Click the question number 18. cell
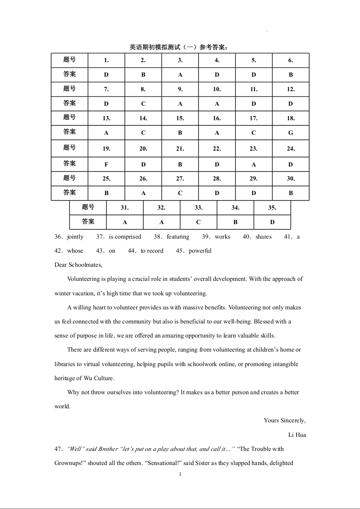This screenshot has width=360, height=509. [x=291, y=118]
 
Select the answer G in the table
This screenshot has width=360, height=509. [x=291, y=133]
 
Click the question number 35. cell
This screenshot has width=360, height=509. [x=272, y=208]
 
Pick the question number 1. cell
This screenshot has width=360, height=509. [x=106, y=60]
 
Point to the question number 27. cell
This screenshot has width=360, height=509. [x=180, y=179]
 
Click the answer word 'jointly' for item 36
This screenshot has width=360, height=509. [x=75, y=237]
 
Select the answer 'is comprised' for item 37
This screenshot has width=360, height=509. [x=125, y=237]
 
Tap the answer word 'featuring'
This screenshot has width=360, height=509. [x=178, y=237]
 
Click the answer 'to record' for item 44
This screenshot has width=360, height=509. [x=152, y=251]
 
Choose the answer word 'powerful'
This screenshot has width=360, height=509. [x=200, y=251]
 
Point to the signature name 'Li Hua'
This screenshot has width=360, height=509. [x=297, y=435]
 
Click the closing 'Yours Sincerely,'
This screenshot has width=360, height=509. [x=285, y=421]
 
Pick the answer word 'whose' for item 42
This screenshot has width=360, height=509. [x=75, y=251]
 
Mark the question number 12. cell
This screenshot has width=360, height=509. [x=291, y=89]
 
